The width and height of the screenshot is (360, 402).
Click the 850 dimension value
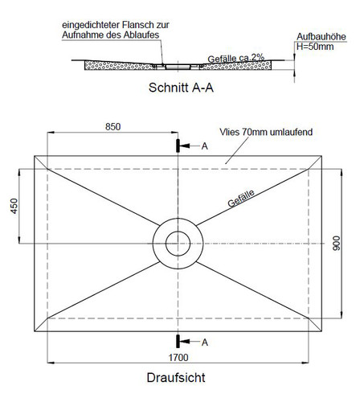click(112, 127)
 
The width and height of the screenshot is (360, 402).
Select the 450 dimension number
click(14, 206)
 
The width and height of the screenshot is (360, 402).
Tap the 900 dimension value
click(337, 244)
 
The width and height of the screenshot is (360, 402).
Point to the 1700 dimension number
click(178, 357)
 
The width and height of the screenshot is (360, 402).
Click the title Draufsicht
click(176, 378)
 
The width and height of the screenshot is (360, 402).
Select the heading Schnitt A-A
click(181, 88)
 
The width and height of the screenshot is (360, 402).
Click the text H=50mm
click(315, 47)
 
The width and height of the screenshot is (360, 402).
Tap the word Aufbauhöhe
click(321, 37)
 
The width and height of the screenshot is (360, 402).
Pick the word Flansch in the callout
click(137, 25)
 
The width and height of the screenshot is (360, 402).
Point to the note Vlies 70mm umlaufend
click(266, 132)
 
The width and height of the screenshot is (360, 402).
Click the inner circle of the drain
click(178, 232)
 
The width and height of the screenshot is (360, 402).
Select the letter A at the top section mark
click(204, 146)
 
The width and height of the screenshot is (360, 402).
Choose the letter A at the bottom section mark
click(205, 343)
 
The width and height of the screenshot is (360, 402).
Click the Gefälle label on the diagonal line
click(241, 199)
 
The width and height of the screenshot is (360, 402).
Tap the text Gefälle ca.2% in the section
click(236, 58)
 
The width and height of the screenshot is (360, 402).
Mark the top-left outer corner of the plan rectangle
click(35, 156)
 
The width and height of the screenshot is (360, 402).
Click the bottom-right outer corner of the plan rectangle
click(321, 331)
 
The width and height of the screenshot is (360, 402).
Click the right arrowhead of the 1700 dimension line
click(305, 363)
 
